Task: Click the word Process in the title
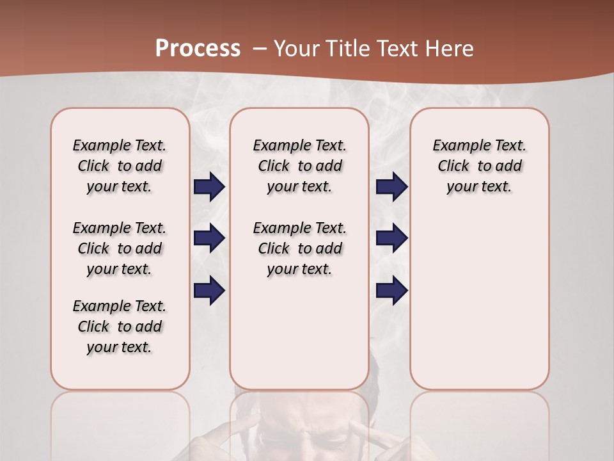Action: pyautogui.click(x=198, y=49)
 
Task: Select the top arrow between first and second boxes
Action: pyautogui.click(x=209, y=187)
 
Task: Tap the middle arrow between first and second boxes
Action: pyautogui.click(x=209, y=238)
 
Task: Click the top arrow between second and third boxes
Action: pyautogui.click(x=391, y=187)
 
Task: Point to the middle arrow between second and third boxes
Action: pyautogui.click(x=391, y=238)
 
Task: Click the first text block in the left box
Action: pyautogui.click(x=120, y=166)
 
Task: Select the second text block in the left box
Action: pyautogui.click(x=120, y=248)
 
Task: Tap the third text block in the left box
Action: pyautogui.click(x=120, y=327)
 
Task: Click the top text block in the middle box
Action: pyautogui.click(x=299, y=166)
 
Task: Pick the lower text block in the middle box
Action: pyautogui.click(x=299, y=248)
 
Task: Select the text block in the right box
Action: pyautogui.click(x=479, y=166)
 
